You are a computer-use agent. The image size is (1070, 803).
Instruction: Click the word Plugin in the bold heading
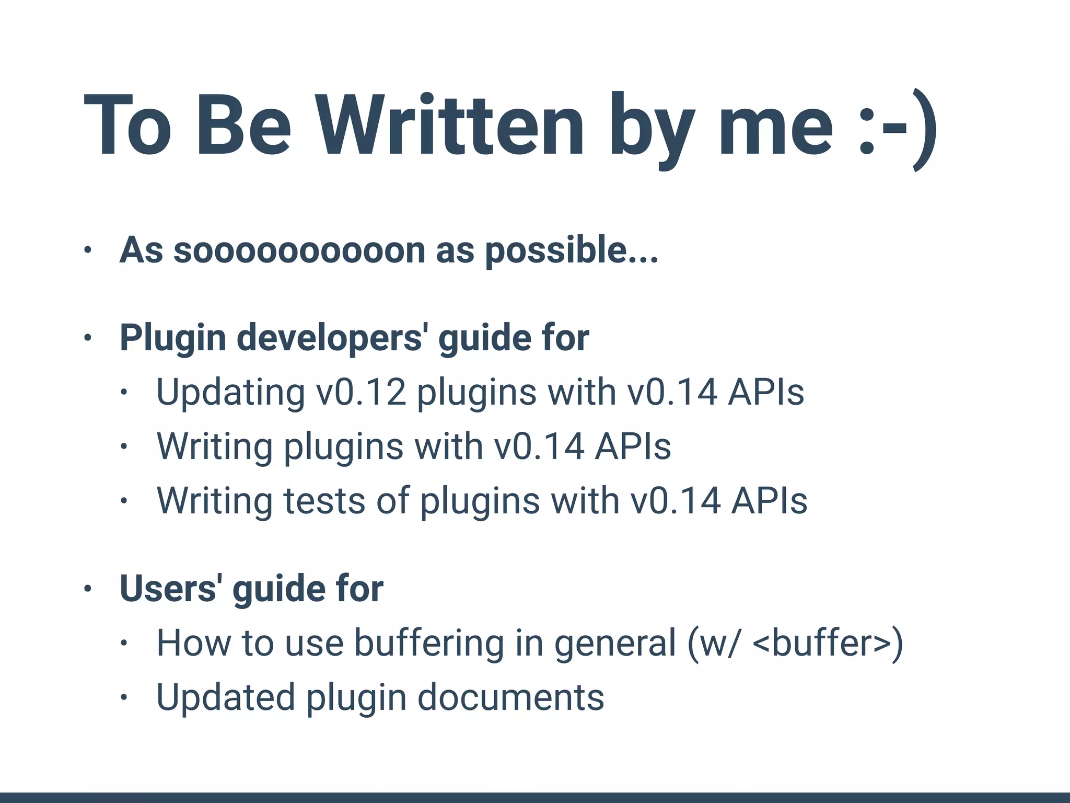[x=172, y=339]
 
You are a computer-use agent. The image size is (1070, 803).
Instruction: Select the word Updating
[x=230, y=393]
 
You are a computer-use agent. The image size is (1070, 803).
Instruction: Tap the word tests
[x=323, y=501]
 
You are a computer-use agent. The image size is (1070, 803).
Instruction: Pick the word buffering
[x=429, y=643]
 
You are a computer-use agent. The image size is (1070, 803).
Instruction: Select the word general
[x=615, y=644]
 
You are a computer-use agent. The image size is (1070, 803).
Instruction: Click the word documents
[x=510, y=697]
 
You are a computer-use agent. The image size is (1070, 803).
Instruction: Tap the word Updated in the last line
[x=226, y=697]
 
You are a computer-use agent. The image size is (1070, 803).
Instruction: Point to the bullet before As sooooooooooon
[x=88, y=250]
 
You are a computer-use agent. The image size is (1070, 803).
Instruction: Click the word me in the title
[x=775, y=125]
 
